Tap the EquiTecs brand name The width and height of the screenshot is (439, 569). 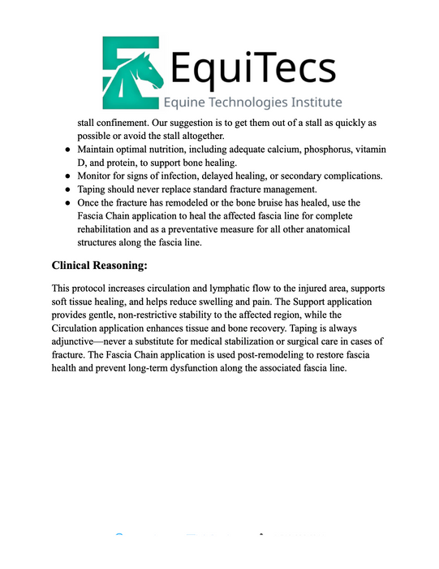tap(252, 67)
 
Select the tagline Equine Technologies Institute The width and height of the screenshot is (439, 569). tap(252, 102)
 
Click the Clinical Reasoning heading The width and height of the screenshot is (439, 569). tap(100, 266)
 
